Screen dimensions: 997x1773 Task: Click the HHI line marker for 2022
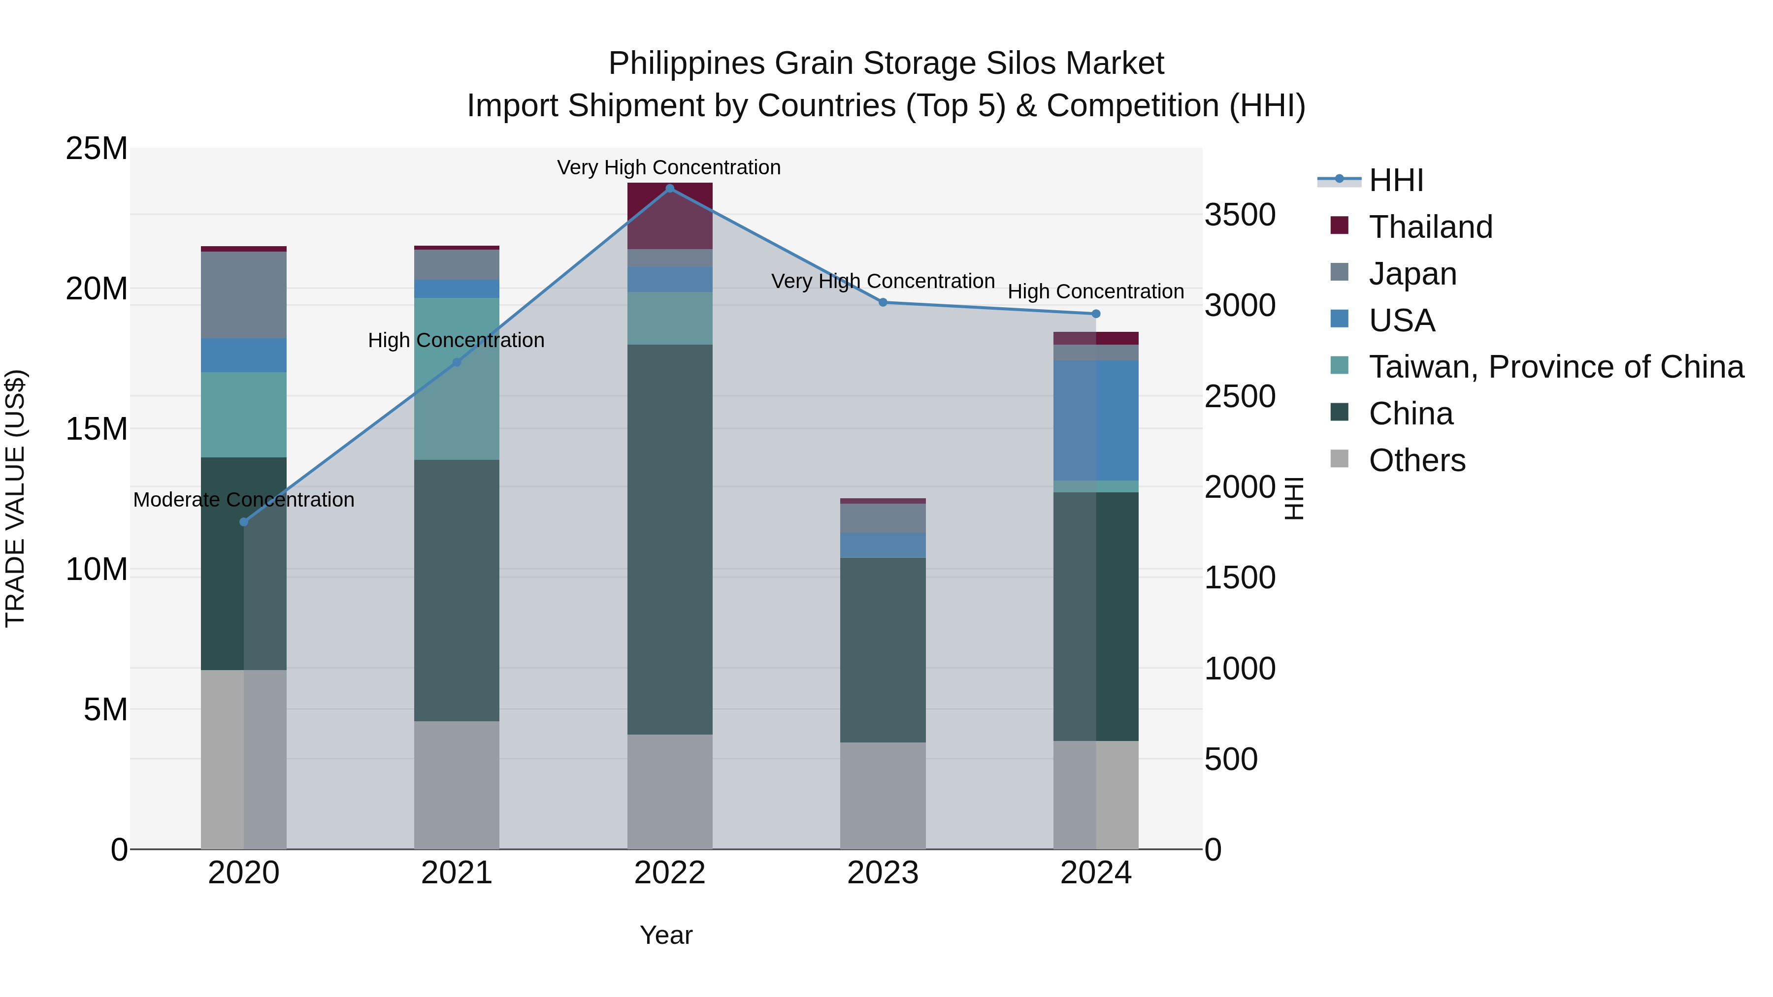[670, 189]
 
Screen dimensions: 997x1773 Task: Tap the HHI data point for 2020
[244, 522]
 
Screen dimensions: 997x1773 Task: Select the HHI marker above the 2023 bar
[883, 302]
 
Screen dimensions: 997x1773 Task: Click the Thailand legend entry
[1430, 227]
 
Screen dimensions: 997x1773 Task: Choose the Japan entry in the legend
[1412, 274]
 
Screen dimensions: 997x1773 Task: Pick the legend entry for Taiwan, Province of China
[1555, 367]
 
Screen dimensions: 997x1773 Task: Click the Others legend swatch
[1340, 459]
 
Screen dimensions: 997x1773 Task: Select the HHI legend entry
[1396, 180]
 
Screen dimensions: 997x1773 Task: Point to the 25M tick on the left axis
[97, 149]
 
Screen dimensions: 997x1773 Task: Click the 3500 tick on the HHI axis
[1240, 215]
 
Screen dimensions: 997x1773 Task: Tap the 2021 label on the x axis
[457, 873]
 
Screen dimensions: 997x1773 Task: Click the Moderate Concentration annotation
[244, 500]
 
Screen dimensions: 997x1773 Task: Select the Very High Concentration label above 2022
[668, 167]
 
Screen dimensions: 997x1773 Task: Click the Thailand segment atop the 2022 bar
[670, 215]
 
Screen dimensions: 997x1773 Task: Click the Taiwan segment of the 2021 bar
[457, 379]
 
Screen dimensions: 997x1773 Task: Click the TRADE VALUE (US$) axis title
[15, 498]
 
